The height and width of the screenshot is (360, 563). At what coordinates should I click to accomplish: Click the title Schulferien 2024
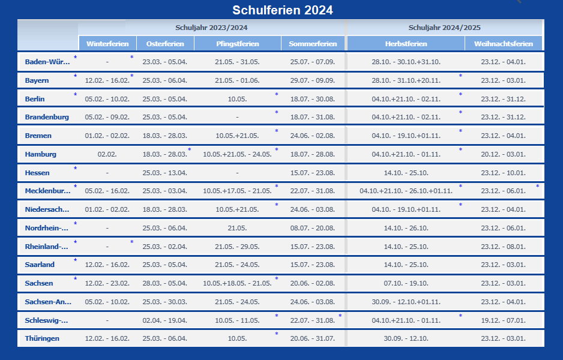tap(282, 10)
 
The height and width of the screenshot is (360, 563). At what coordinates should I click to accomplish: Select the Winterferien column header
tap(107, 44)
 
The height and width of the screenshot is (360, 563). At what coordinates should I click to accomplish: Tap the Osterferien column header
tap(165, 44)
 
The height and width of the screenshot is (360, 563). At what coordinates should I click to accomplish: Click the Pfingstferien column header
tap(238, 44)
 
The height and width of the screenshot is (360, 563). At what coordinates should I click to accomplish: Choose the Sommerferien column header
tap(312, 44)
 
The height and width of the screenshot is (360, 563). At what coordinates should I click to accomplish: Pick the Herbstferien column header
tap(406, 44)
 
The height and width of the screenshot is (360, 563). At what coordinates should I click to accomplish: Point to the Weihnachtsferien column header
tap(503, 44)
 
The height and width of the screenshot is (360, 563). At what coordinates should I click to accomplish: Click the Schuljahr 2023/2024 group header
tap(211, 28)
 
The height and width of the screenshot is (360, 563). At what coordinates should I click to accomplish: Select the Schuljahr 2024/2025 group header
tap(444, 28)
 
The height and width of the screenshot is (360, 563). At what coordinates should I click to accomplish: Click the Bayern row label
tap(37, 80)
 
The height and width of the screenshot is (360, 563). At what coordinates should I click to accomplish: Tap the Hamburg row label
tap(41, 154)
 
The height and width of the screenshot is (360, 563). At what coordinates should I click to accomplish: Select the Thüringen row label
tap(42, 338)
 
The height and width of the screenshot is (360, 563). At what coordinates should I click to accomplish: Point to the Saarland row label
tap(40, 265)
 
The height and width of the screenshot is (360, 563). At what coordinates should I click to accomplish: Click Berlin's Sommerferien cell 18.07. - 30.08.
tap(312, 99)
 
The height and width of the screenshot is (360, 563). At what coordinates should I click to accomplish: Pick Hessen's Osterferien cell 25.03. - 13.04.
tap(165, 173)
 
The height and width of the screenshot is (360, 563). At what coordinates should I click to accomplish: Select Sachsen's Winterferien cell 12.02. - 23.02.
tap(107, 283)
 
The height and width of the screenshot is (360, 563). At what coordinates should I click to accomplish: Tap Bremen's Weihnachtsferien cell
tap(503, 136)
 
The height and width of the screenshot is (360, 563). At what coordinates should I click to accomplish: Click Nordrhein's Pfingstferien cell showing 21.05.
tap(238, 228)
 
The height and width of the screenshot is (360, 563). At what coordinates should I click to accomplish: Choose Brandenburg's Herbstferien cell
tap(406, 118)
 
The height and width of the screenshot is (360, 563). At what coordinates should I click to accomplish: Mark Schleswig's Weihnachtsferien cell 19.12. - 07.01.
tap(503, 320)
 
